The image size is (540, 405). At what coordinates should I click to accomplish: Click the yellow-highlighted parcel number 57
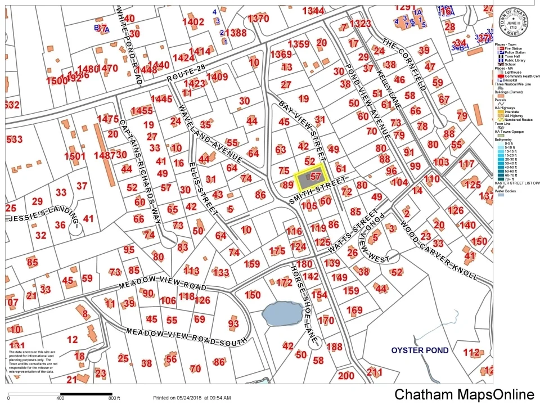coord(314,177)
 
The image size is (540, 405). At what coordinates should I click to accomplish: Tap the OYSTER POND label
coord(420,350)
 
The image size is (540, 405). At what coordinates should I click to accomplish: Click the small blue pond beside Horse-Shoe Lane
coord(282,313)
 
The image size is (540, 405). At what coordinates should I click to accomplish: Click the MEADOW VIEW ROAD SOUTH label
coord(186,336)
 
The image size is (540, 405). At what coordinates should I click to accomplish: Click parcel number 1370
coord(258,18)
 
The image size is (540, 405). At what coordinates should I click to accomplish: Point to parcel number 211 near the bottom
coord(374,372)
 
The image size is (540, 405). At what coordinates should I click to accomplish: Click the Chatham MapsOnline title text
coord(464,394)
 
